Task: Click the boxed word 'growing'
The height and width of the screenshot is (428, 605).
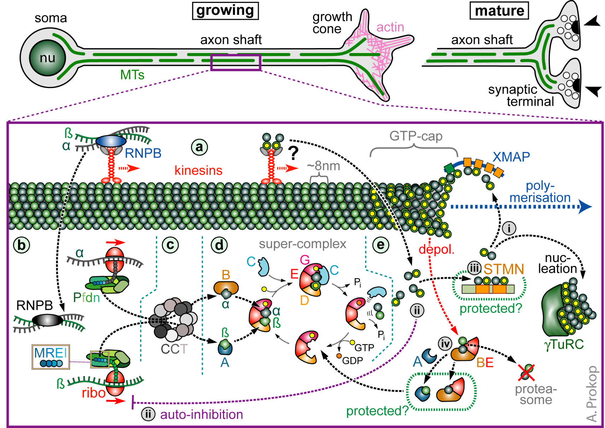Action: click(225, 11)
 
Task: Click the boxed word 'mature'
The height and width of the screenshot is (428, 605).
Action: click(499, 11)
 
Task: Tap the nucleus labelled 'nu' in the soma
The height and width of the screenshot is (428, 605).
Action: click(47, 58)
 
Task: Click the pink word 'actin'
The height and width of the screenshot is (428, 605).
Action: click(390, 27)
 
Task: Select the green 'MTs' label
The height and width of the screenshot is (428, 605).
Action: click(132, 75)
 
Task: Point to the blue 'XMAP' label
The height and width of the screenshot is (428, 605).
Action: click(511, 157)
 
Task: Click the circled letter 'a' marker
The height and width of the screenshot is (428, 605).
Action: click(199, 147)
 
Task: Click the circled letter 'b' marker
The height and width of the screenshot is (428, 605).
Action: click(22, 245)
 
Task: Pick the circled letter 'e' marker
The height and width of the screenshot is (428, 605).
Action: click(381, 245)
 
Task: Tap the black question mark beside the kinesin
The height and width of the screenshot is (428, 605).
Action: click(293, 153)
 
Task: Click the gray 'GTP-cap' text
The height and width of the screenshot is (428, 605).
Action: click(416, 136)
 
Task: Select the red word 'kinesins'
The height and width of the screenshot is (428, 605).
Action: click(198, 171)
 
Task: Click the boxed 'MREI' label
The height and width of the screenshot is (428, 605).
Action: click(51, 353)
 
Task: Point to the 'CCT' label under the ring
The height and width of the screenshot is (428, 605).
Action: click(174, 349)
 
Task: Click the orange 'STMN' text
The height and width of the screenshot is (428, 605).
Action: click(504, 270)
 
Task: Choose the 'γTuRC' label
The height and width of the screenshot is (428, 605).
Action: click(563, 344)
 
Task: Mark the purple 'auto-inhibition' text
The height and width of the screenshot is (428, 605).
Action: click(201, 415)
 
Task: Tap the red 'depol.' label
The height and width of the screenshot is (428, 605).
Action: click(436, 250)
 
